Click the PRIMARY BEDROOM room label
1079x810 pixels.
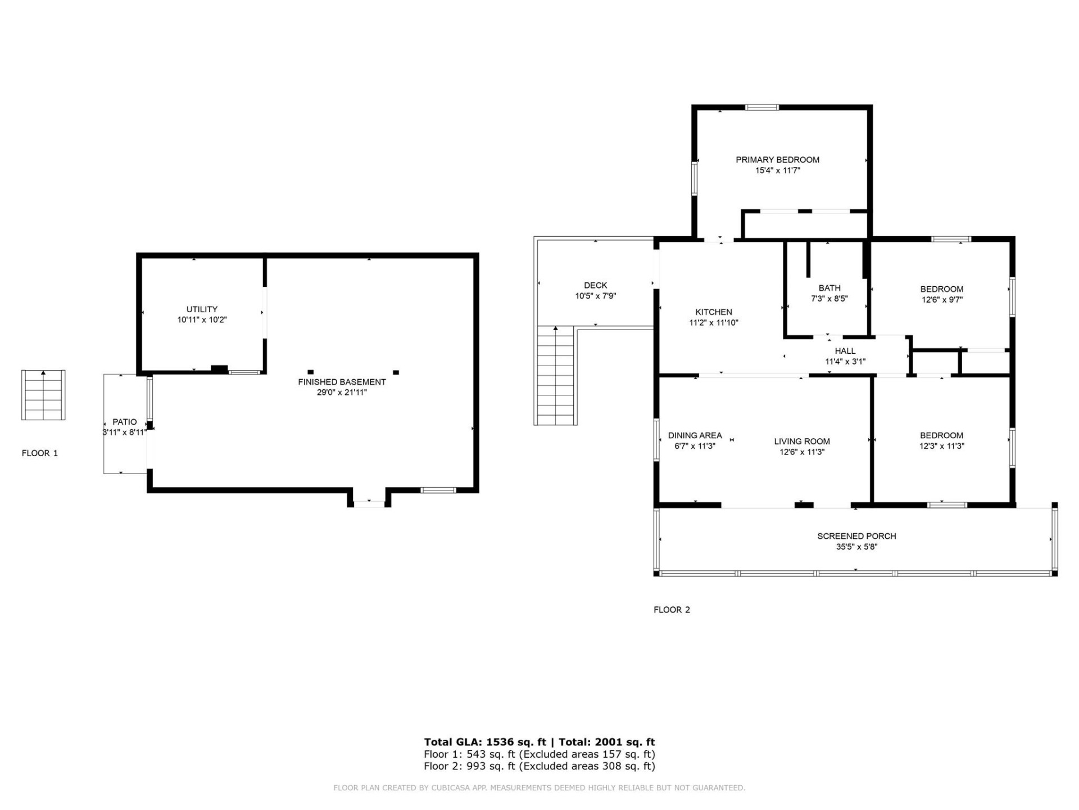777,160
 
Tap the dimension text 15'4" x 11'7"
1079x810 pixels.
777,170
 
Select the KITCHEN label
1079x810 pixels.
713,312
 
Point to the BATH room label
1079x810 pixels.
829,288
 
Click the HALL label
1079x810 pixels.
845,351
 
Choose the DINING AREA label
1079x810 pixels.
695,435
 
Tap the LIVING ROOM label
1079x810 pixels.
801,442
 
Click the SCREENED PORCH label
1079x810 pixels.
856,536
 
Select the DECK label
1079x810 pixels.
595,285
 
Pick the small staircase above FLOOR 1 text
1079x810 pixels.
43,395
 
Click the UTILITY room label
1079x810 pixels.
202,309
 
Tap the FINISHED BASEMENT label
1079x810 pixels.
342,382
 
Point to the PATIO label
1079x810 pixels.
124,422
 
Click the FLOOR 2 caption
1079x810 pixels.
672,610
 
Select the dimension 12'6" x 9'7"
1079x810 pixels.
941,300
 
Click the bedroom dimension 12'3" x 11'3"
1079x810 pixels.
941,446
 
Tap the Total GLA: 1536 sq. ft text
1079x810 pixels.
484,742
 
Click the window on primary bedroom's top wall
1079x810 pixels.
761,107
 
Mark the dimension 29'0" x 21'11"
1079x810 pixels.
342,393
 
